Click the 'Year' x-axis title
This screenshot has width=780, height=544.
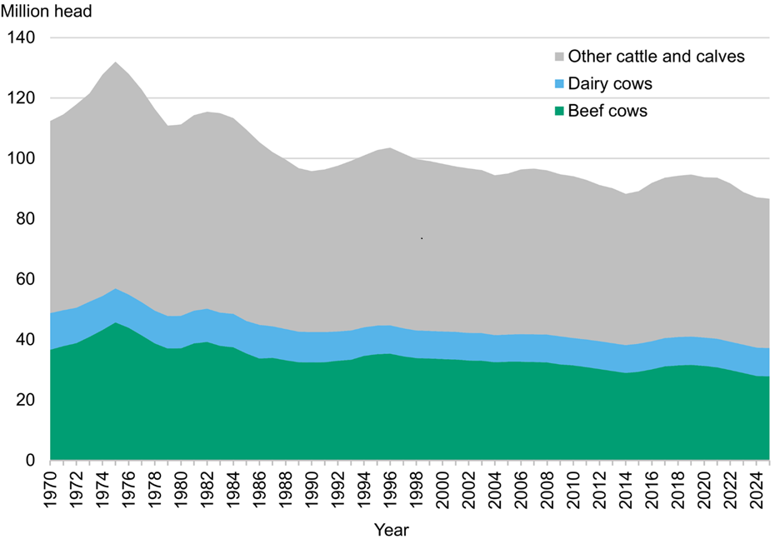point(391,529)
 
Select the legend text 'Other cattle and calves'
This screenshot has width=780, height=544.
point(655,57)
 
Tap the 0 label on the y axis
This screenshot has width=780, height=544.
point(31,461)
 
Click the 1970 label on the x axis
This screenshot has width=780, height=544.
point(51,487)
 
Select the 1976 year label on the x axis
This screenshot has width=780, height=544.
point(129,487)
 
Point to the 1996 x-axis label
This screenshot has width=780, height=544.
point(391,487)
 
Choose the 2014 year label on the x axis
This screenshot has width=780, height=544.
point(626,487)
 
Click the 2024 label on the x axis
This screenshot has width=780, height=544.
point(757,487)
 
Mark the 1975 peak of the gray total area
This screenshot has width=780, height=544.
point(116,62)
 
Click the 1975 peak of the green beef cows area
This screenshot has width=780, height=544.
point(116,323)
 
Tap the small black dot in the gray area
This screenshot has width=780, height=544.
point(422,238)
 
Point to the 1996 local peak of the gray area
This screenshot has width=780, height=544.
point(391,148)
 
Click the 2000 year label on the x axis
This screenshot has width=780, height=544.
point(442,487)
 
